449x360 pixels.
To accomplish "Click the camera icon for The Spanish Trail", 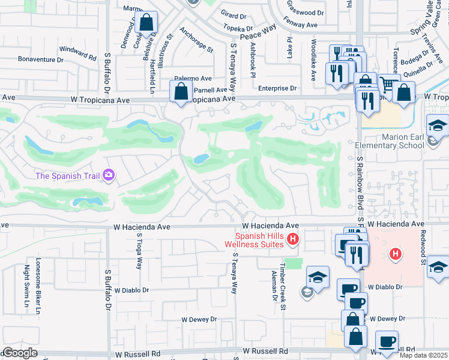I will pyautogui.click(x=109, y=175).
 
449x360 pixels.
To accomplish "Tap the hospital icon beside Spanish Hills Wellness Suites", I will pyautogui.click(x=293, y=239).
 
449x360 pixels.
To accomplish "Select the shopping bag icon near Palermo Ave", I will pyautogui.click(x=181, y=93).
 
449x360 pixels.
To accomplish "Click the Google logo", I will pyautogui.click(x=19, y=353).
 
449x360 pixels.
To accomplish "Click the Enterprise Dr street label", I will pyautogui.click(x=277, y=88).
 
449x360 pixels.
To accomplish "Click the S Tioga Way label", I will pyautogui.click(x=137, y=253).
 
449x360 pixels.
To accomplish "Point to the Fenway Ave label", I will pyautogui.click(x=300, y=25).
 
